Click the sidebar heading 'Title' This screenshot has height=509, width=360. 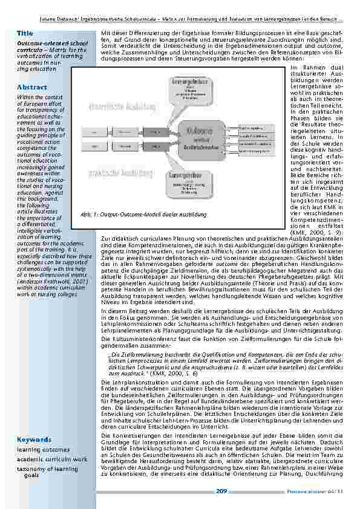point(25,32)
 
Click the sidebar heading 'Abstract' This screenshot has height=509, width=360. point(32,88)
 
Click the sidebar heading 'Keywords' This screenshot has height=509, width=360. point(34,439)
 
